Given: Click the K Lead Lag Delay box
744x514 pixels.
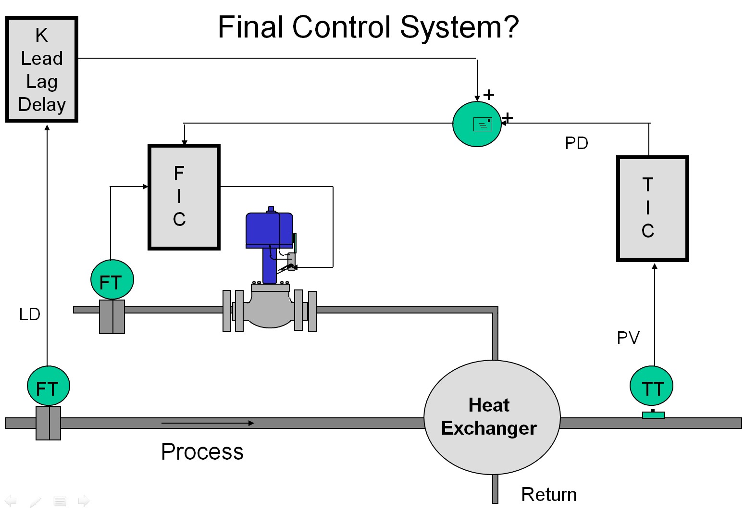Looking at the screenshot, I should [42, 70].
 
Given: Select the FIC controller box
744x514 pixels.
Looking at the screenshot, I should [184, 197].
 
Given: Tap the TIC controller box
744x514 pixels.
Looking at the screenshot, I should [652, 209].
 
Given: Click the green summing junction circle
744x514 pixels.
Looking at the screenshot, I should [477, 124].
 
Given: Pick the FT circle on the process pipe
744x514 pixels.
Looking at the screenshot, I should [48, 387].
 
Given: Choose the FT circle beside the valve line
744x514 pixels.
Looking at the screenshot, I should [112, 280].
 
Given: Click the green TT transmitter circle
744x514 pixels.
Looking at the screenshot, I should [651, 386].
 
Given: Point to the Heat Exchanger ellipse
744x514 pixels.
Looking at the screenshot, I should [492, 417].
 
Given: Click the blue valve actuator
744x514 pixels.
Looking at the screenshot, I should [269, 229].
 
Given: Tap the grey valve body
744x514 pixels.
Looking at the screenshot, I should [270, 310].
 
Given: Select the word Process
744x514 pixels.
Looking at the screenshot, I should [202, 452].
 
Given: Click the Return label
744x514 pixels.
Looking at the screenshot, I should [549, 495].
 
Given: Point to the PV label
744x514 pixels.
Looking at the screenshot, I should [628, 338].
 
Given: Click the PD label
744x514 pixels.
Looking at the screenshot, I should [576, 143].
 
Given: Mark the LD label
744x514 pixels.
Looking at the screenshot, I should [30, 314].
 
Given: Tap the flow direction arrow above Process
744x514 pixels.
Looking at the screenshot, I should [207, 423].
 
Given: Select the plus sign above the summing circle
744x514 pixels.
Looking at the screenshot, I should [488, 95].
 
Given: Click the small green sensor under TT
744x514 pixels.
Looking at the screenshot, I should [653, 414].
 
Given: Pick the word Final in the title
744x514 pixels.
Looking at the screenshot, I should [250, 27].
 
